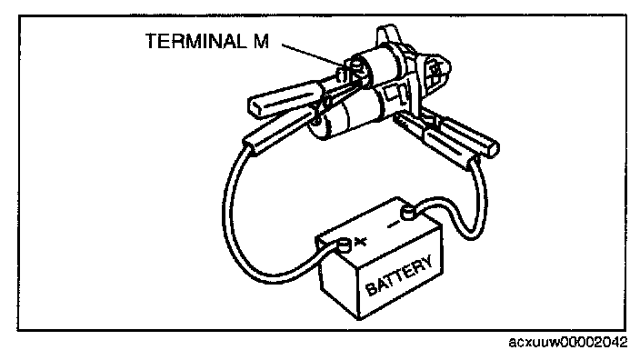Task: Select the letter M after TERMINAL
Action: [x=261, y=41]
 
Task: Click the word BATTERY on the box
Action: [x=399, y=275]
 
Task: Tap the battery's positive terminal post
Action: [x=344, y=245]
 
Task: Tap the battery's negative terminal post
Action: [x=408, y=213]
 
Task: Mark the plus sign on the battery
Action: [x=360, y=242]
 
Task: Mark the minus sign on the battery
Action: [x=393, y=224]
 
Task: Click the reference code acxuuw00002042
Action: [x=568, y=342]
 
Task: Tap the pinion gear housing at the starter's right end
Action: [x=434, y=73]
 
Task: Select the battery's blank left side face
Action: [x=338, y=282]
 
